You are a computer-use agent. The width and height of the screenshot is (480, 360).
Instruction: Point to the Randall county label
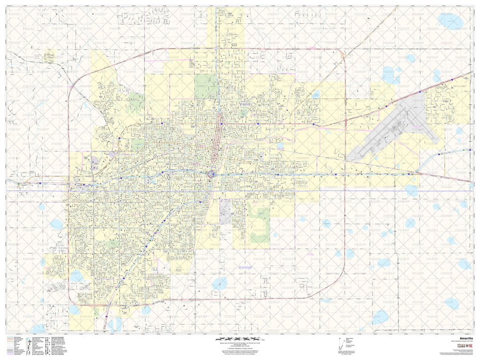(246, 267)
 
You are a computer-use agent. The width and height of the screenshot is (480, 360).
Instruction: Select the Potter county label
(245, 104)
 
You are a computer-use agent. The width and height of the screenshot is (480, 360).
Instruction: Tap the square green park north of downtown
(206, 86)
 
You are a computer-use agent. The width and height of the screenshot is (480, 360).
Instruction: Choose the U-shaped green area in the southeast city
(258, 223)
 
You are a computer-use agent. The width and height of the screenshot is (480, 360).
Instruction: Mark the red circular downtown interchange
(211, 174)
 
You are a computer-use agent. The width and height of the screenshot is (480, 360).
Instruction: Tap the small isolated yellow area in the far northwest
(50, 55)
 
